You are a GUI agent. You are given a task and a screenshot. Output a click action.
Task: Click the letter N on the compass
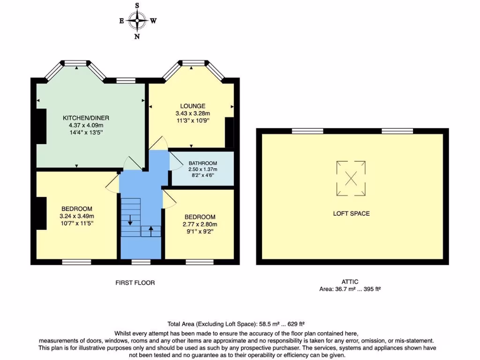pos(137,37)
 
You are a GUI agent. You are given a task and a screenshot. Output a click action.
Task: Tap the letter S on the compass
pos(137,5)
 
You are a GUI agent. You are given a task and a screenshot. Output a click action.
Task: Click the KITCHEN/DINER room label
pos(86,118)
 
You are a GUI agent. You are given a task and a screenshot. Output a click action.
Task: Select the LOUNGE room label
pos(193,106)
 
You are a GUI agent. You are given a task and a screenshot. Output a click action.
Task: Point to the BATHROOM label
pos(202,163)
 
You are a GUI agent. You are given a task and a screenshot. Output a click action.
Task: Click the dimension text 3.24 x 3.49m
pos(77,216)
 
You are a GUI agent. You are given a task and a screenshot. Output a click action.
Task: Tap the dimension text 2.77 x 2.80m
pos(200,224)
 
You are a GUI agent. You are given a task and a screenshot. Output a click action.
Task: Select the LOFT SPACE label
pos(352,213)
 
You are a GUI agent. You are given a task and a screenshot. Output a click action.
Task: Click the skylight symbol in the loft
pos(351,178)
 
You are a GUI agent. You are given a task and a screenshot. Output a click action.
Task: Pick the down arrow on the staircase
pos(130,220)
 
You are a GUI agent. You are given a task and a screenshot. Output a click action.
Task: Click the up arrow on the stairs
pos(151,231)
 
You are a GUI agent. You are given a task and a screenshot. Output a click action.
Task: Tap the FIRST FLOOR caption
pos(135,283)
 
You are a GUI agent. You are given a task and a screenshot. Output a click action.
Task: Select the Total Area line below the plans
pos(236,324)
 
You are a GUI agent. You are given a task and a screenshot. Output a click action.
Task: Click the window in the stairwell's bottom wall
pos(141,262)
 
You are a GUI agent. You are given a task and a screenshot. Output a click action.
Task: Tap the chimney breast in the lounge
pos(229,133)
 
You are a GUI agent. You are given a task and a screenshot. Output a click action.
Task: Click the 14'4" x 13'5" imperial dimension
pos(86,133)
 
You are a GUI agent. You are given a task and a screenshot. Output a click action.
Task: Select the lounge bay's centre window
pos(193,63)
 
